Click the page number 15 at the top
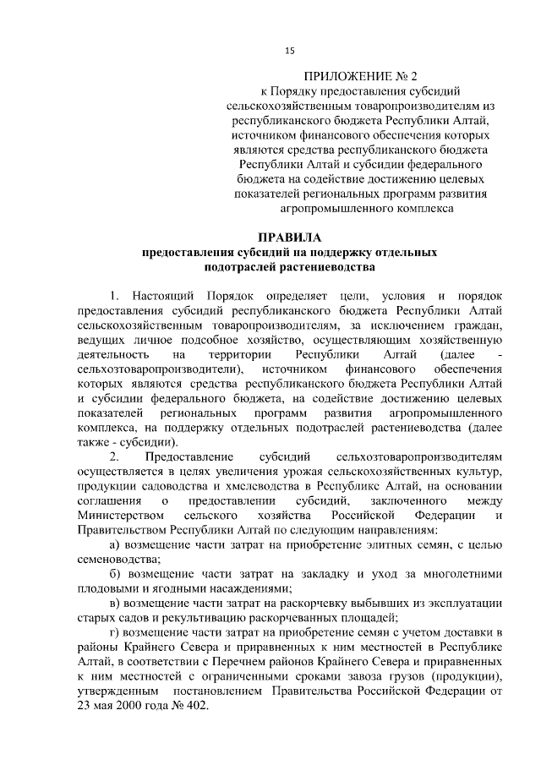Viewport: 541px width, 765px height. point(289,52)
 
